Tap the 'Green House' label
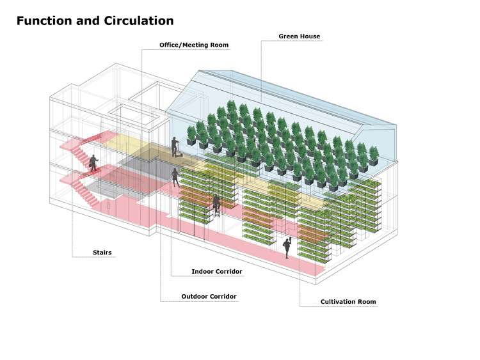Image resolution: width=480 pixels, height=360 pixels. click(299, 36)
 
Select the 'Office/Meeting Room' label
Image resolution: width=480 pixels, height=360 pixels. click(194, 45)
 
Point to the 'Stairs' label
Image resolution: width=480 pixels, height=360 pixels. click(101, 253)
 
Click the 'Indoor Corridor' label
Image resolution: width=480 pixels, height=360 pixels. click(217, 272)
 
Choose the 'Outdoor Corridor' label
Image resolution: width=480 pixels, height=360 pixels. click(209, 297)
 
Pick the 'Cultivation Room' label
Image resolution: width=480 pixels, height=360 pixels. click(348, 301)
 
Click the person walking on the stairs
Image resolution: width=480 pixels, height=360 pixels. click(93, 163)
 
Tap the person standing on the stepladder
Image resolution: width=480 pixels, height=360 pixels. click(218, 202)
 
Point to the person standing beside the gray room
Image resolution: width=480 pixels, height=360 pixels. click(175, 177)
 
